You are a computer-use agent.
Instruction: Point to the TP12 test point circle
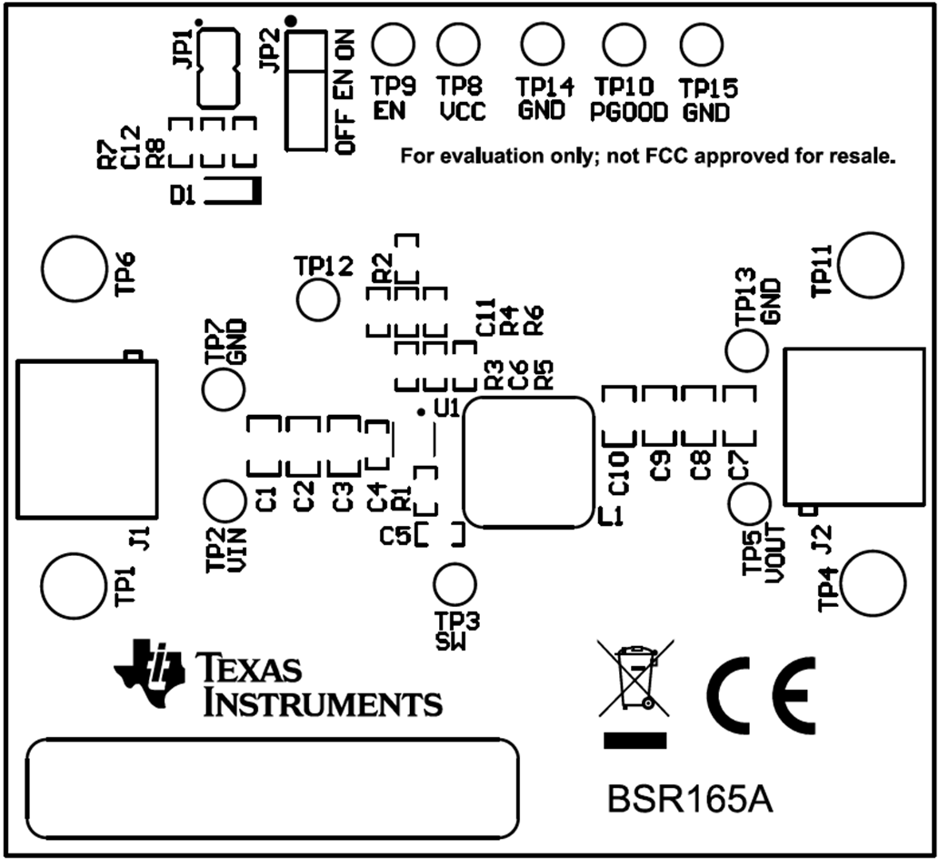click(x=319, y=299)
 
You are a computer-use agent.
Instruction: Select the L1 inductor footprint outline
click(x=529, y=462)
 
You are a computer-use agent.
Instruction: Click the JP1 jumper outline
click(x=218, y=68)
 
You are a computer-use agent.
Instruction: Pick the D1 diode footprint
click(x=232, y=191)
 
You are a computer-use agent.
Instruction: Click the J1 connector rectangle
click(x=86, y=439)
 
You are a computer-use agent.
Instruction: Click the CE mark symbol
click(x=762, y=696)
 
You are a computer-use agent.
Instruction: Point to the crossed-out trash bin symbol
click(x=634, y=679)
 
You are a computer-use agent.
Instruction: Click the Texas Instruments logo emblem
click(x=148, y=673)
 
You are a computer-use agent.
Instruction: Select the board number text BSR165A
click(x=691, y=802)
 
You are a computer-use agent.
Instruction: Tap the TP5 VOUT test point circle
click(x=751, y=504)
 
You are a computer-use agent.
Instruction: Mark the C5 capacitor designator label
click(x=395, y=536)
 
